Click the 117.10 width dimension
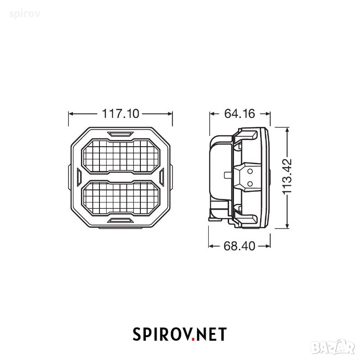pos(121,114)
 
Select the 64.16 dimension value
pos(239,114)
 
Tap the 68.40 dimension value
pos(239,246)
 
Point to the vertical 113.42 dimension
pos(287,176)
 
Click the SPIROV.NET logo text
pos(180,334)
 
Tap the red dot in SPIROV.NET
pos(193,339)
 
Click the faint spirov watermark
pos(25,14)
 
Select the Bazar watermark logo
pos(335,347)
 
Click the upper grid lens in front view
pos(121,155)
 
